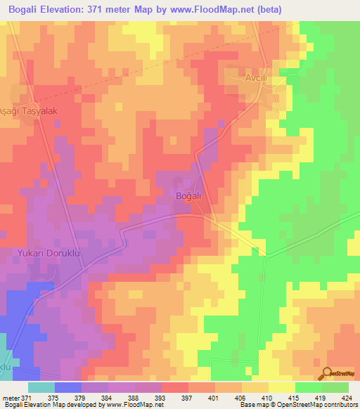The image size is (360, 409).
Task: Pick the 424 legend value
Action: pos(347,397)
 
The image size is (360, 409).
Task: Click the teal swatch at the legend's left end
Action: pos(41,387)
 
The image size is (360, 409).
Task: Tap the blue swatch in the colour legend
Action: pos(68,387)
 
